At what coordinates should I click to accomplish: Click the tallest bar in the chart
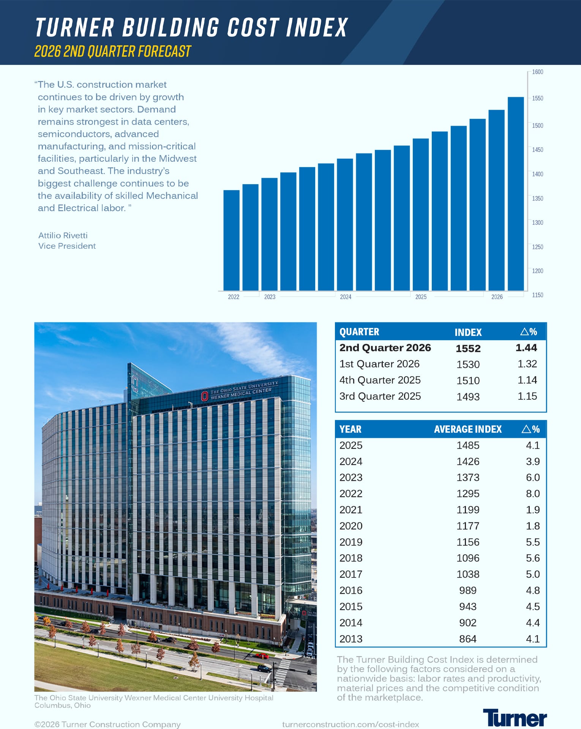click(x=516, y=194)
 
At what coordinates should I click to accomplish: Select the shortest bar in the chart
click(x=231, y=240)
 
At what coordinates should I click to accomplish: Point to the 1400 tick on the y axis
click(x=529, y=174)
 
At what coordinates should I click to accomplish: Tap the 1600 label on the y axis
click(x=537, y=72)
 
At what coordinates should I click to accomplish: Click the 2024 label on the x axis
click(x=346, y=297)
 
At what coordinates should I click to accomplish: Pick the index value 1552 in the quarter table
click(x=468, y=348)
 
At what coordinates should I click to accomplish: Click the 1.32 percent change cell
click(x=527, y=364)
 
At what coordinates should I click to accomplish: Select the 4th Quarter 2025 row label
click(x=380, y=380)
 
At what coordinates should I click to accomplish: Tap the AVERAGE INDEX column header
click(x=468, y=429)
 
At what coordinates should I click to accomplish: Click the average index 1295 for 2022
click(x=468, y=494)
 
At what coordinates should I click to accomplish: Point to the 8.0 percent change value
click(x=533, y=494)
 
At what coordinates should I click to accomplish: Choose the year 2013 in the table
click(x=351, y=639)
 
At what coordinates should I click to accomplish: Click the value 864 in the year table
click(x=468, y=639)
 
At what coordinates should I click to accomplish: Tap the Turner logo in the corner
click(x=515, y=718)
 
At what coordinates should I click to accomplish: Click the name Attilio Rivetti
click(x=63, y=235)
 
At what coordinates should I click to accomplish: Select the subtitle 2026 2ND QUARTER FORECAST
click(x=113, y=51)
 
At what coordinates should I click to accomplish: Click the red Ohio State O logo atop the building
click(x=204, y=396)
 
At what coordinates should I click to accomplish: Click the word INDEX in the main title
click(x=317, y=27)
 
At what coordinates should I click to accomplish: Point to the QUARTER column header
click(x=359, y=332)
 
